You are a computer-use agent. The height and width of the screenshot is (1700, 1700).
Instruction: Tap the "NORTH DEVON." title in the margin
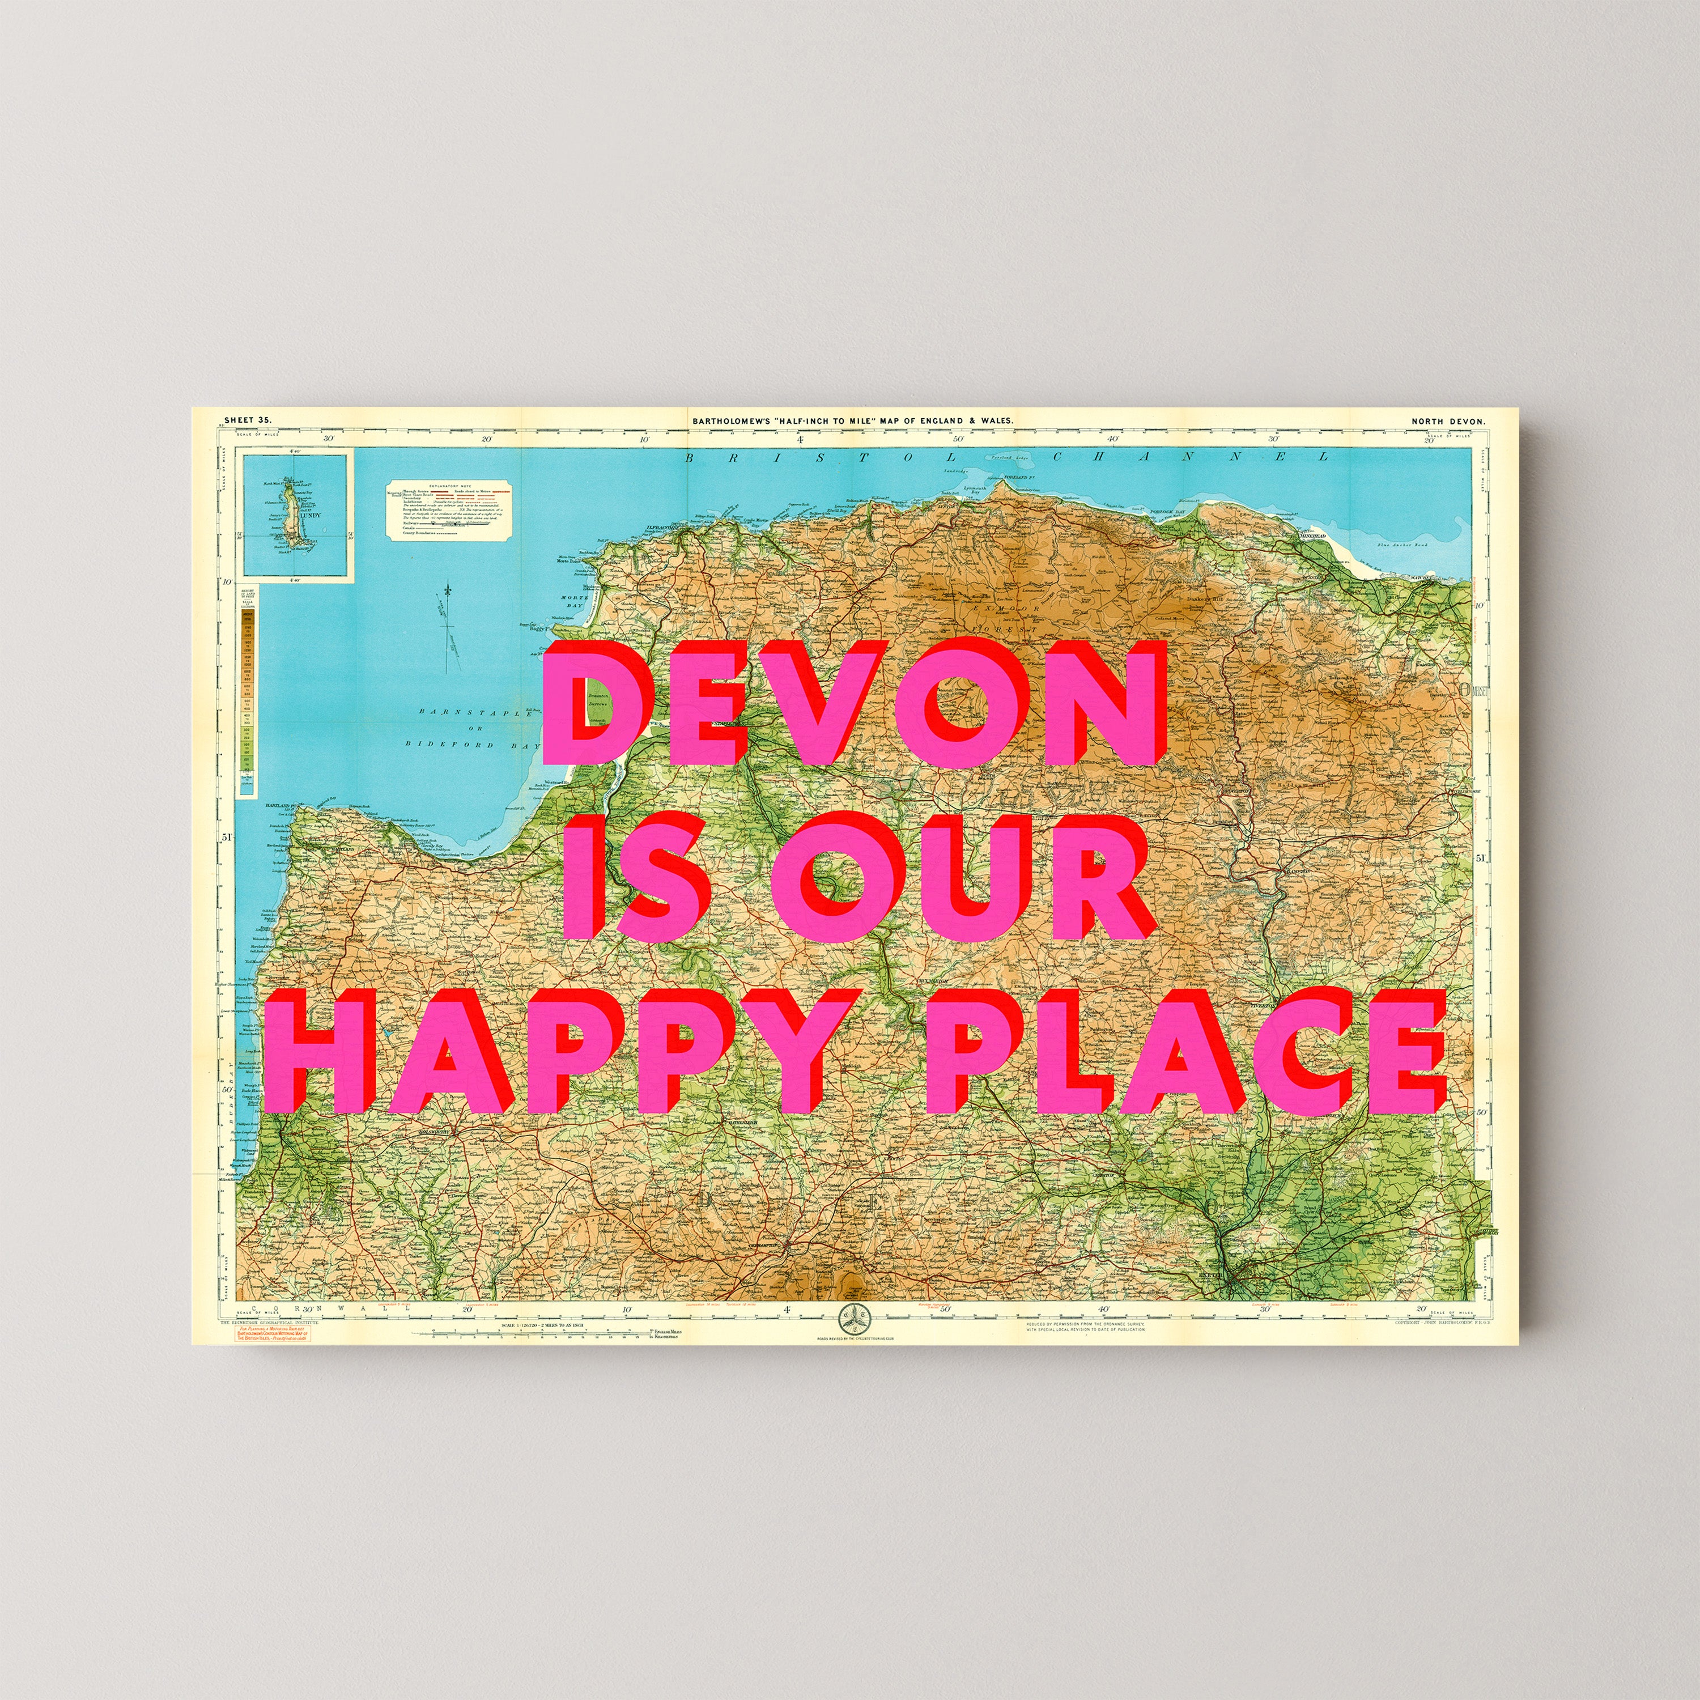(x=1447, y=422)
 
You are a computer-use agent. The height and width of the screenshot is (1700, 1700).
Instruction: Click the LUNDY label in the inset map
(x=310, y=516)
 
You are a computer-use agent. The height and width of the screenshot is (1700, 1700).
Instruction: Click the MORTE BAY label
(x=573, y=602)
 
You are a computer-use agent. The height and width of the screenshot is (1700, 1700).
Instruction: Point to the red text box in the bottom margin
(x=270, y=1333)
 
